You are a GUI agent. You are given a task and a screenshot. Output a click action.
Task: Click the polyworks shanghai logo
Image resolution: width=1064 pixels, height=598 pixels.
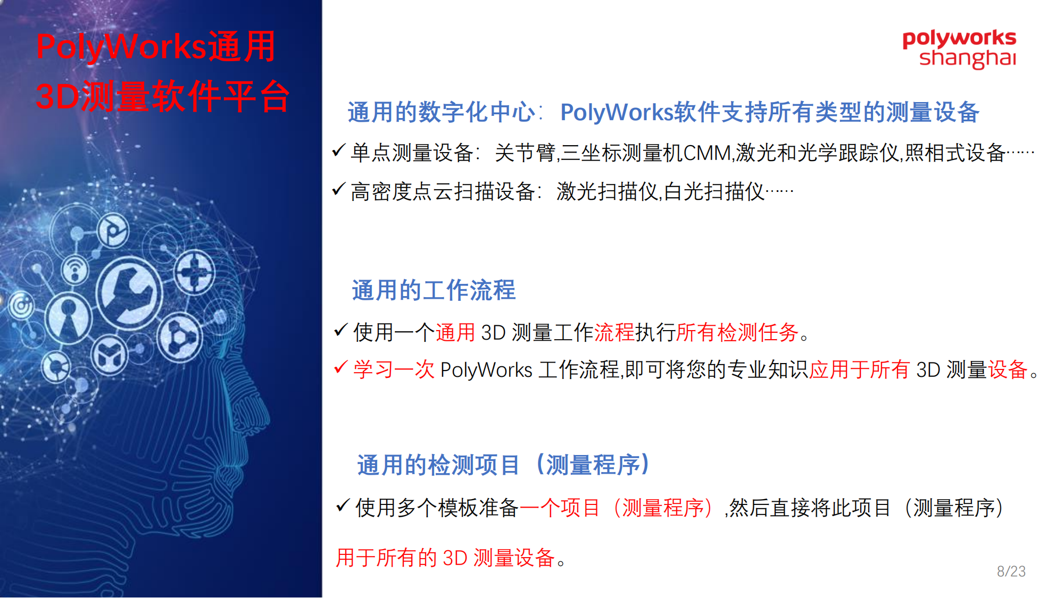pos(959,49)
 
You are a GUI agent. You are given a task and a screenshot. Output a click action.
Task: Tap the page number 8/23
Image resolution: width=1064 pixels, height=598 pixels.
pos(1011,571)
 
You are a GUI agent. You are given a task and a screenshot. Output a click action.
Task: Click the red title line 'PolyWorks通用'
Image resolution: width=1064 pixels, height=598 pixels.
pos(155,47)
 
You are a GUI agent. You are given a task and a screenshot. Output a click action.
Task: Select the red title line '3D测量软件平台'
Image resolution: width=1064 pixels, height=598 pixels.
pos(162,96)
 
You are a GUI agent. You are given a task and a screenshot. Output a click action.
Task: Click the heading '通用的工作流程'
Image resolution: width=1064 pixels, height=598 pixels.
pos(434,290)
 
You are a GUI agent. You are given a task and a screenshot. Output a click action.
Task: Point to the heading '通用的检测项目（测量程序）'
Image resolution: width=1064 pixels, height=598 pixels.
pos(503,465)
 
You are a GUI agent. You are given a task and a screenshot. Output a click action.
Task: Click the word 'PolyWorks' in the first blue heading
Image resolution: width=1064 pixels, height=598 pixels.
pos(617,113)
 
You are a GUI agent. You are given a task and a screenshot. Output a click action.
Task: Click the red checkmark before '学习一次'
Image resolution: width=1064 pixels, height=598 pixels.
pos(340,367)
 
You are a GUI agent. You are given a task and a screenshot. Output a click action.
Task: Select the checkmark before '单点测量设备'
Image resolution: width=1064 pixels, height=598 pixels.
pos(338,150)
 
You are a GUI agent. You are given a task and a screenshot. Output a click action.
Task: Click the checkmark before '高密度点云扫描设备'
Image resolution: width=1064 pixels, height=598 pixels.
pos(338,189)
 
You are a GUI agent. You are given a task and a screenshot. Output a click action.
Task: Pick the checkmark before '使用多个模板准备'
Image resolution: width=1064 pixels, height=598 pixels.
pos(343,505)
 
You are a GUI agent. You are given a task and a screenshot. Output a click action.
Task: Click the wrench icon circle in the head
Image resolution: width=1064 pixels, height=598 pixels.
pos(129,292)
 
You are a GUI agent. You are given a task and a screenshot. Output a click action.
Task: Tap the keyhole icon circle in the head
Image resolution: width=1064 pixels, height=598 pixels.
pos(68,318)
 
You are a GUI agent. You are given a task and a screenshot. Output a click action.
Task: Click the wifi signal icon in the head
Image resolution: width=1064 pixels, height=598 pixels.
pos(75,270)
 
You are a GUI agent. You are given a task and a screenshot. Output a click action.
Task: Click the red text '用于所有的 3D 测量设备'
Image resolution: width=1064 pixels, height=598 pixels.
pos(445,558)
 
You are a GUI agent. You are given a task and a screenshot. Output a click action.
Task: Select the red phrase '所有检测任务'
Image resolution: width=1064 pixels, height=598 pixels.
pos(737,333)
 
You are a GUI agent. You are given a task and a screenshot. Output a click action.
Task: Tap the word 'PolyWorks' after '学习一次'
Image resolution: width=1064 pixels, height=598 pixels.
pos(486,370)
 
